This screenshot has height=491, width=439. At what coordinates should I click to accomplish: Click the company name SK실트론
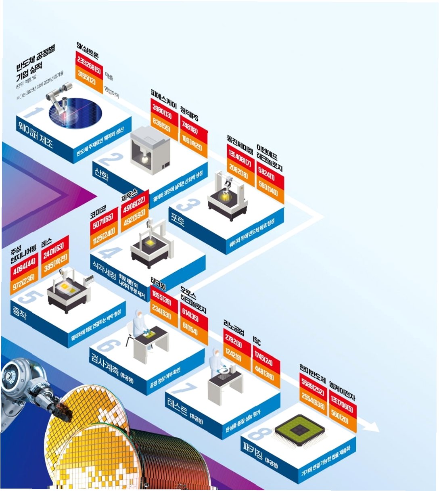coord(88,50)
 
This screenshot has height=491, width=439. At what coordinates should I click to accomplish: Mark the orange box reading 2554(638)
coord(313,401)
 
